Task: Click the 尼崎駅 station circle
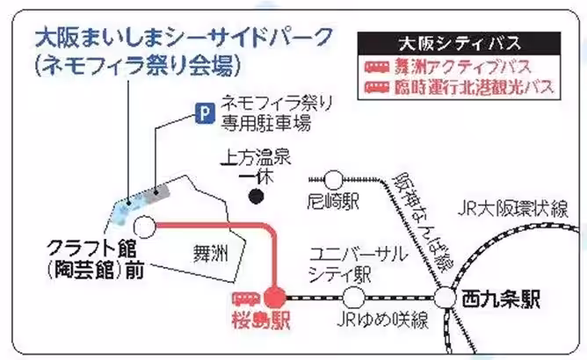tap(332, 180)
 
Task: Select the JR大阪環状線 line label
tap(513, 210)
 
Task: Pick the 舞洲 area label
tap(210, 254)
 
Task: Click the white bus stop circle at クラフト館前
tap(144, 226)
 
